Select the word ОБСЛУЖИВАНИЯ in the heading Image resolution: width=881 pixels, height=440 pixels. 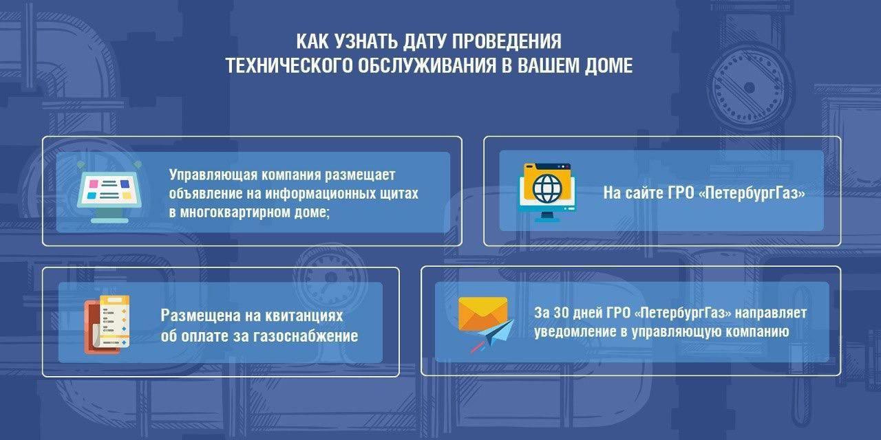(x=427, y=65)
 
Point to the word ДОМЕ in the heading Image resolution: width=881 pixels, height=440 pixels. (x=608, y=65)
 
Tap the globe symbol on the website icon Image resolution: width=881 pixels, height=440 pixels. (x=546, y=188)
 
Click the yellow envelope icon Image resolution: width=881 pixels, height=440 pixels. (x=483, y=314)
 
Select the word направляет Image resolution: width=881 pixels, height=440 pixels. (x=771, y=313)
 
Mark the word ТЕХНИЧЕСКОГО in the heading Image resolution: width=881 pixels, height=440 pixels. (x=289, y=65)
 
